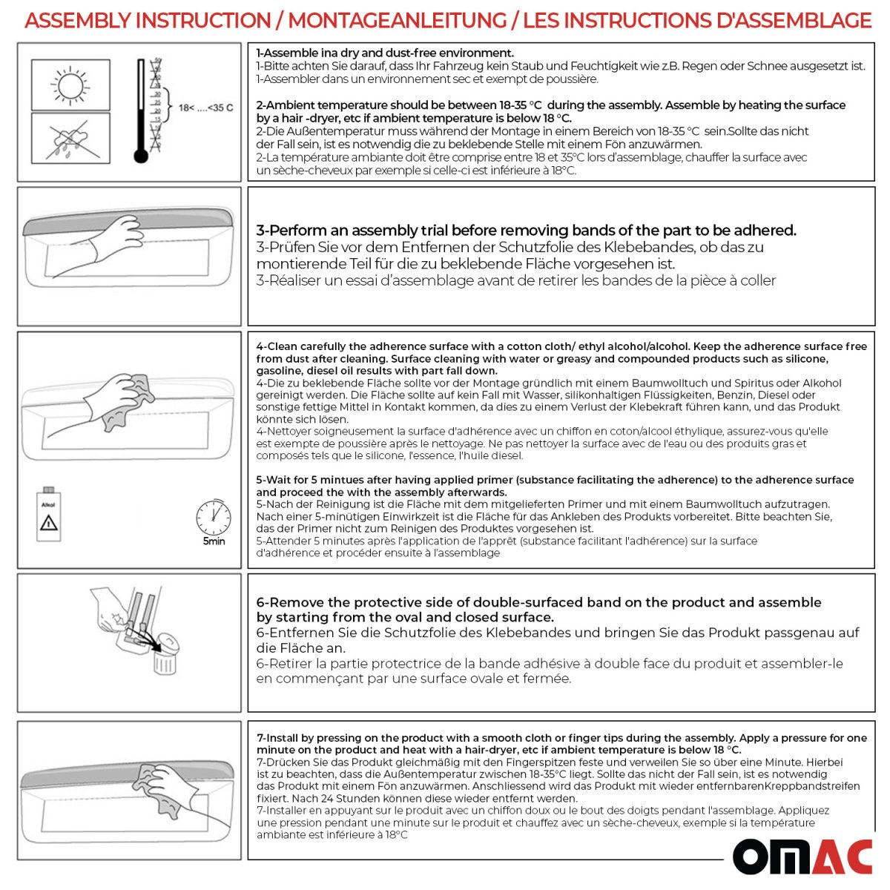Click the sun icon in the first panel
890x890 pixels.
point(70,85)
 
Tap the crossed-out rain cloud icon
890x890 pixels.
point(70,138)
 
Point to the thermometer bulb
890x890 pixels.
point(140,156)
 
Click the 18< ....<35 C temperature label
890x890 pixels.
point(205,108)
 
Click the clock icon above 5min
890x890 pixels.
point(213,517)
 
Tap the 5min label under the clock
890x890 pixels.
point(214,541)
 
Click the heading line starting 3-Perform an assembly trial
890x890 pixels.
point(526,231)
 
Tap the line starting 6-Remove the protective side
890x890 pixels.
point(538,602)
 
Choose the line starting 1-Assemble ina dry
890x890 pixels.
point(385,53)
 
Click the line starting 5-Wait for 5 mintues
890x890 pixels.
point(555,480)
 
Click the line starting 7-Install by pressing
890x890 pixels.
point(561,738)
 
